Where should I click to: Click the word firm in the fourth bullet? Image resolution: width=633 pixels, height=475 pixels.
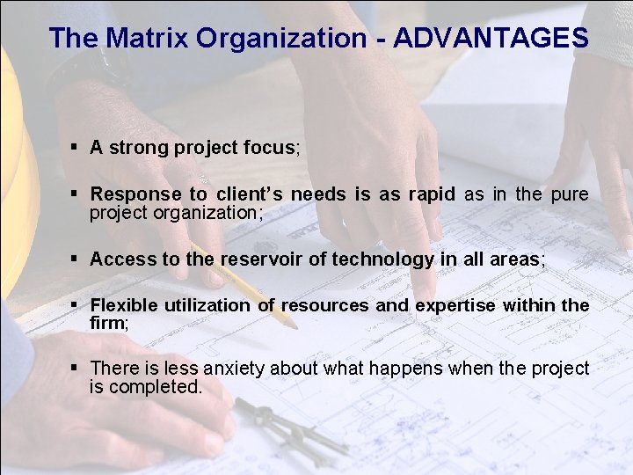pos(106,323)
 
